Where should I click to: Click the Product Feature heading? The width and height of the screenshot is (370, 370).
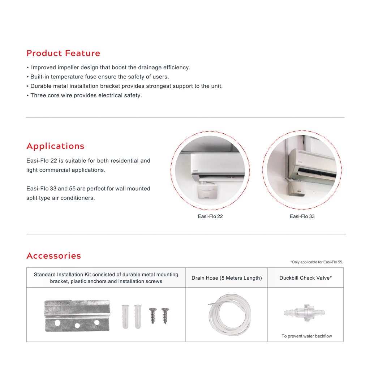tap(63, 53)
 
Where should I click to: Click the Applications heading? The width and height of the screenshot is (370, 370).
tap(55, 146)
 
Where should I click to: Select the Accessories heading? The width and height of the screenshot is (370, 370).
tap(53, 256)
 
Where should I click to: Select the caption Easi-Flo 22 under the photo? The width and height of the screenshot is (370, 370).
tap(210, 216)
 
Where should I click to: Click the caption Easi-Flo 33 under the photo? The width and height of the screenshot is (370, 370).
tap(302, 216)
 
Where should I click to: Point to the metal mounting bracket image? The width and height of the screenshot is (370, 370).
tap(77, 315)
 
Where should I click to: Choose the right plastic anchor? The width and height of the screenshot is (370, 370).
tap(138, 316)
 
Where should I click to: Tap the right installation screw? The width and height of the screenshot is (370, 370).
tap(165, 315)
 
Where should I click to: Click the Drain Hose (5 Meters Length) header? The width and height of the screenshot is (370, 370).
tap(227, 278)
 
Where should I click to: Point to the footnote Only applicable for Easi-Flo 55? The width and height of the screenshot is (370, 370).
tap(317, 262)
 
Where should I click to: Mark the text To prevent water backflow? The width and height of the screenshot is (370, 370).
tap(306, 336)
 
